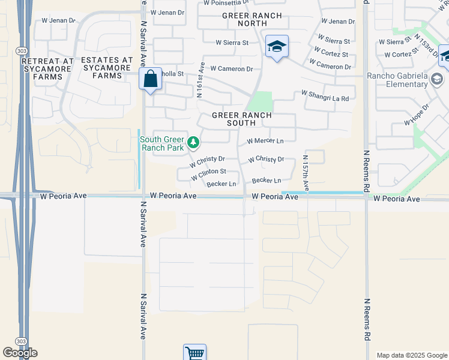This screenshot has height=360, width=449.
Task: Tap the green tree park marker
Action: click(193, 143)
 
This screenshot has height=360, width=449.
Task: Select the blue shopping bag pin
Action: click(149, 78)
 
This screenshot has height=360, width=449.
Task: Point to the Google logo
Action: click(20, 353)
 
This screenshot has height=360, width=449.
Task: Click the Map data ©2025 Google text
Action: click(412, 355)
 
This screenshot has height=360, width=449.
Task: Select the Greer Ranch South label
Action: click(241, 119)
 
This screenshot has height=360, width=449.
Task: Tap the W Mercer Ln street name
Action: click(265, 141)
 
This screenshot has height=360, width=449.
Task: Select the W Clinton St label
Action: click(208, 175)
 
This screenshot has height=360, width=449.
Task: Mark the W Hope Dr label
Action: click(417, 114)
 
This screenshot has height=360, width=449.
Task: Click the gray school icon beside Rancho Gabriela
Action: click(437, 79)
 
